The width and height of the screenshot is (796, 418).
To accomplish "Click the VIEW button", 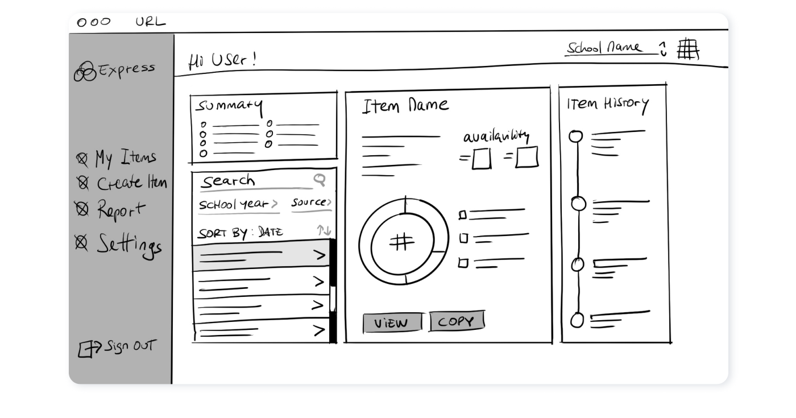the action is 392,323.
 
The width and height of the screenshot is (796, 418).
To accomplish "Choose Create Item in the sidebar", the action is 122,183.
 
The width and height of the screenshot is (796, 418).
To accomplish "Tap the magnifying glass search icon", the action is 320,180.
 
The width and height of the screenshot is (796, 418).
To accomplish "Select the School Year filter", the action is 238,204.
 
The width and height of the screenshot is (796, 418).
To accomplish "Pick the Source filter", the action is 311,202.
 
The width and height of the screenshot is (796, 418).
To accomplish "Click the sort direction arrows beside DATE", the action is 324,230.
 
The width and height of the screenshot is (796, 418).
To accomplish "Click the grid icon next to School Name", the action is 688,49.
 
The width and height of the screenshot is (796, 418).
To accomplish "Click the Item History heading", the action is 607,104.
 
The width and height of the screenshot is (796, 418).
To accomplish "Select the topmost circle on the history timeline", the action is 576,136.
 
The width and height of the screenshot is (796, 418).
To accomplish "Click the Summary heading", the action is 229,106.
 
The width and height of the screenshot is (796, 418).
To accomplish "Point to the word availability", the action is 496,137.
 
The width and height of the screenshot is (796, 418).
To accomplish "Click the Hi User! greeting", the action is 222,60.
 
